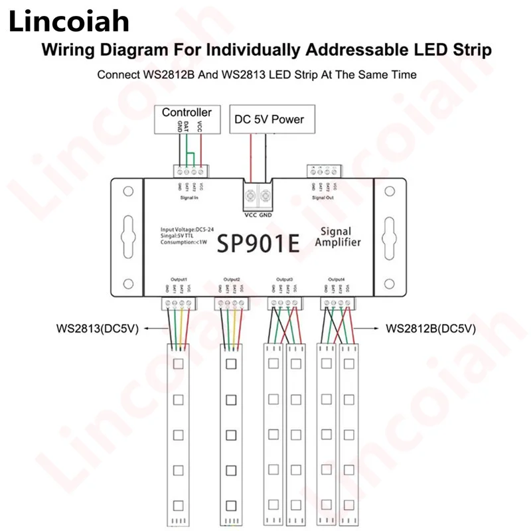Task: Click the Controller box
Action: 187,113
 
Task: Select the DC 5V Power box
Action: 269,119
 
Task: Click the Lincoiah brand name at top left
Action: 68,23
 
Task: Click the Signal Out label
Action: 323,197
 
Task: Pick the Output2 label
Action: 232,279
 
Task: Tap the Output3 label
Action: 283,279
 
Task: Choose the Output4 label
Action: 336,279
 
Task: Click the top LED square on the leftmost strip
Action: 178,364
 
